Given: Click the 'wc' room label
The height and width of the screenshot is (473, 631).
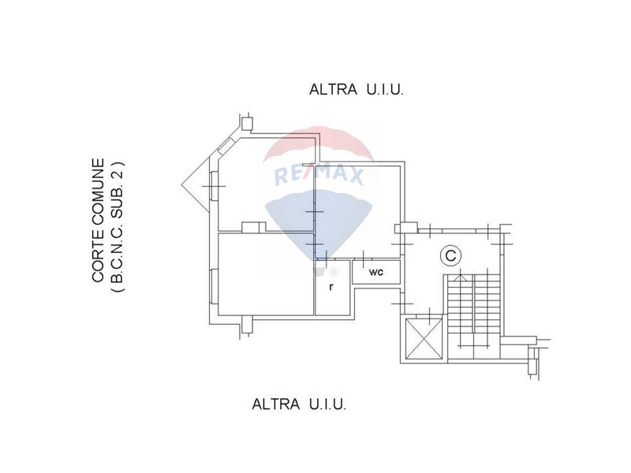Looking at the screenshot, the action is [376, 272].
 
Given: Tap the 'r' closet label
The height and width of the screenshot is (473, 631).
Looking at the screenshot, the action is [330, 287].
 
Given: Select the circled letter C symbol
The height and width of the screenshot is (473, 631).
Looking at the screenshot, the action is [450, 255].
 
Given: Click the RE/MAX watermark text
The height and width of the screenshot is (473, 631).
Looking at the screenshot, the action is [319, 175].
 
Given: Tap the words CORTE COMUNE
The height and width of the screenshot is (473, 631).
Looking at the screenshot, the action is [98, 220].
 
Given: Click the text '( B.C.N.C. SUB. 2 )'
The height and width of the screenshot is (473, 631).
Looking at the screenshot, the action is [117, 227].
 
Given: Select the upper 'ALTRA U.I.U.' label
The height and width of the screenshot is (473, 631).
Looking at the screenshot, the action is [357, 89].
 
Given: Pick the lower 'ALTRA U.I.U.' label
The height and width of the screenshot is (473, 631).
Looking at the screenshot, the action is [299, 404].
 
